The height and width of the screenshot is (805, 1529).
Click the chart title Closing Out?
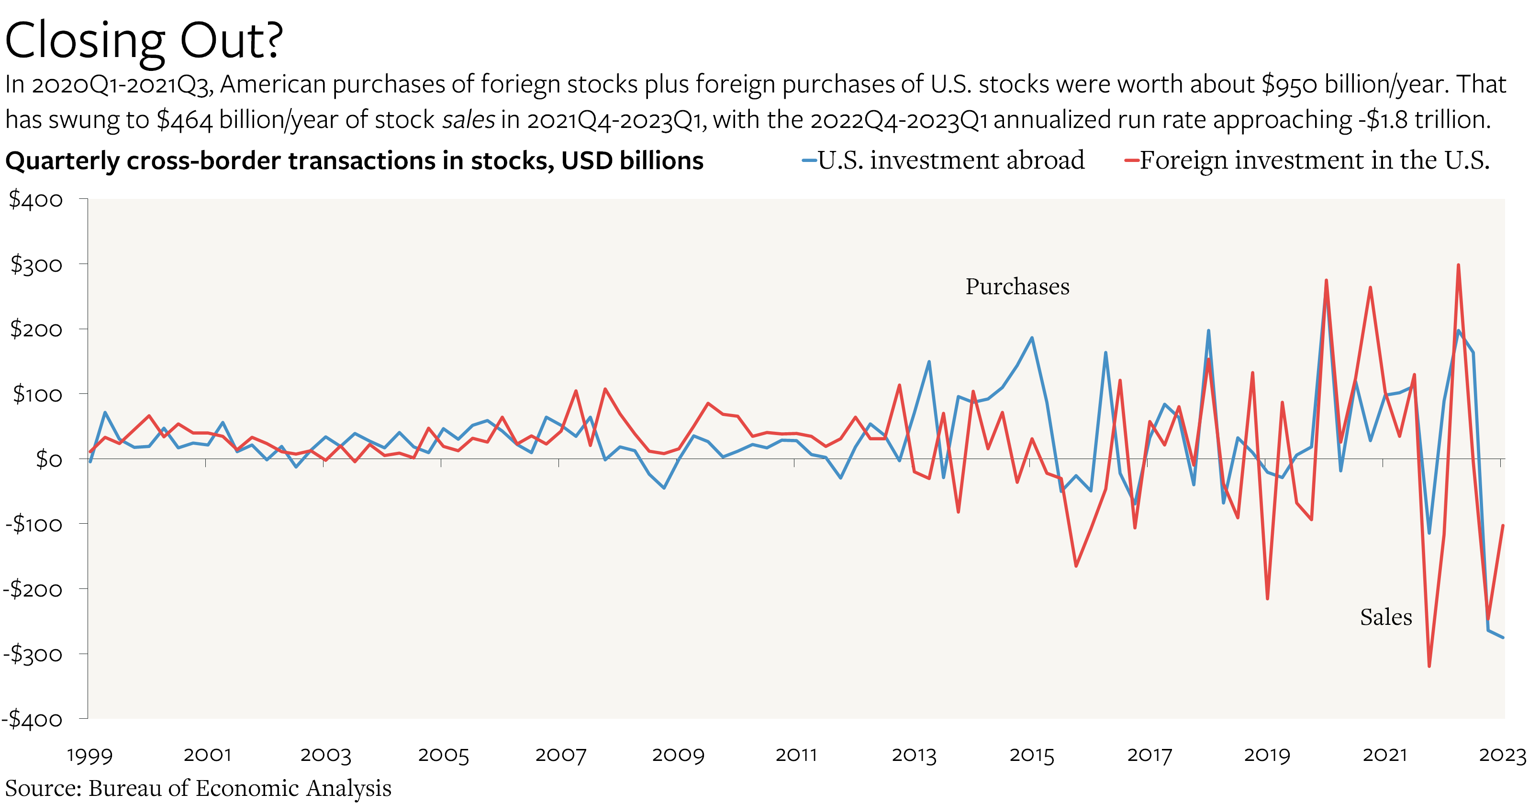click(144, 40)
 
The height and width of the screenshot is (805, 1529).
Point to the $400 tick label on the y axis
click(35, 200)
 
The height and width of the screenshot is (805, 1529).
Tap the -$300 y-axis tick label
click(33, 654)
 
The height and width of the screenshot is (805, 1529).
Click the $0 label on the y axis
click(49, 459)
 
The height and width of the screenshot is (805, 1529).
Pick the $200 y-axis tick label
click(35, 329)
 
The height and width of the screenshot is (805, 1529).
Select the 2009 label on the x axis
click(678, 755)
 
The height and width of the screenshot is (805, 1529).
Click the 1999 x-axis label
click(89, 755)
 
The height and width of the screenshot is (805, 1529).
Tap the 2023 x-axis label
click(1502, 755)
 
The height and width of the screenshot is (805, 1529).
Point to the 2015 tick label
click(1032, 755)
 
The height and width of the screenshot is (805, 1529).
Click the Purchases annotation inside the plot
click(1017, 287)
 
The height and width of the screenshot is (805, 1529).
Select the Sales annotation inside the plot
click(1385, 617)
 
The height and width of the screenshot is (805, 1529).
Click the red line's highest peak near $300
click(1458, 265)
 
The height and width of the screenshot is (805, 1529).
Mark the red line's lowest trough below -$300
click(1429, 666)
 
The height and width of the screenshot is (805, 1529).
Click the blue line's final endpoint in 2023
click(1503, 637)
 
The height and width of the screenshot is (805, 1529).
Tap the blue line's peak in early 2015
click(1032, 338)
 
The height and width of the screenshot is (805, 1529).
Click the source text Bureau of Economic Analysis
click(240, 788)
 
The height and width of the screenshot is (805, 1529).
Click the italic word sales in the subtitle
click(469, 120)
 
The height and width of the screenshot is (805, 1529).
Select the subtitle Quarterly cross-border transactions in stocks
click(354, 161)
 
